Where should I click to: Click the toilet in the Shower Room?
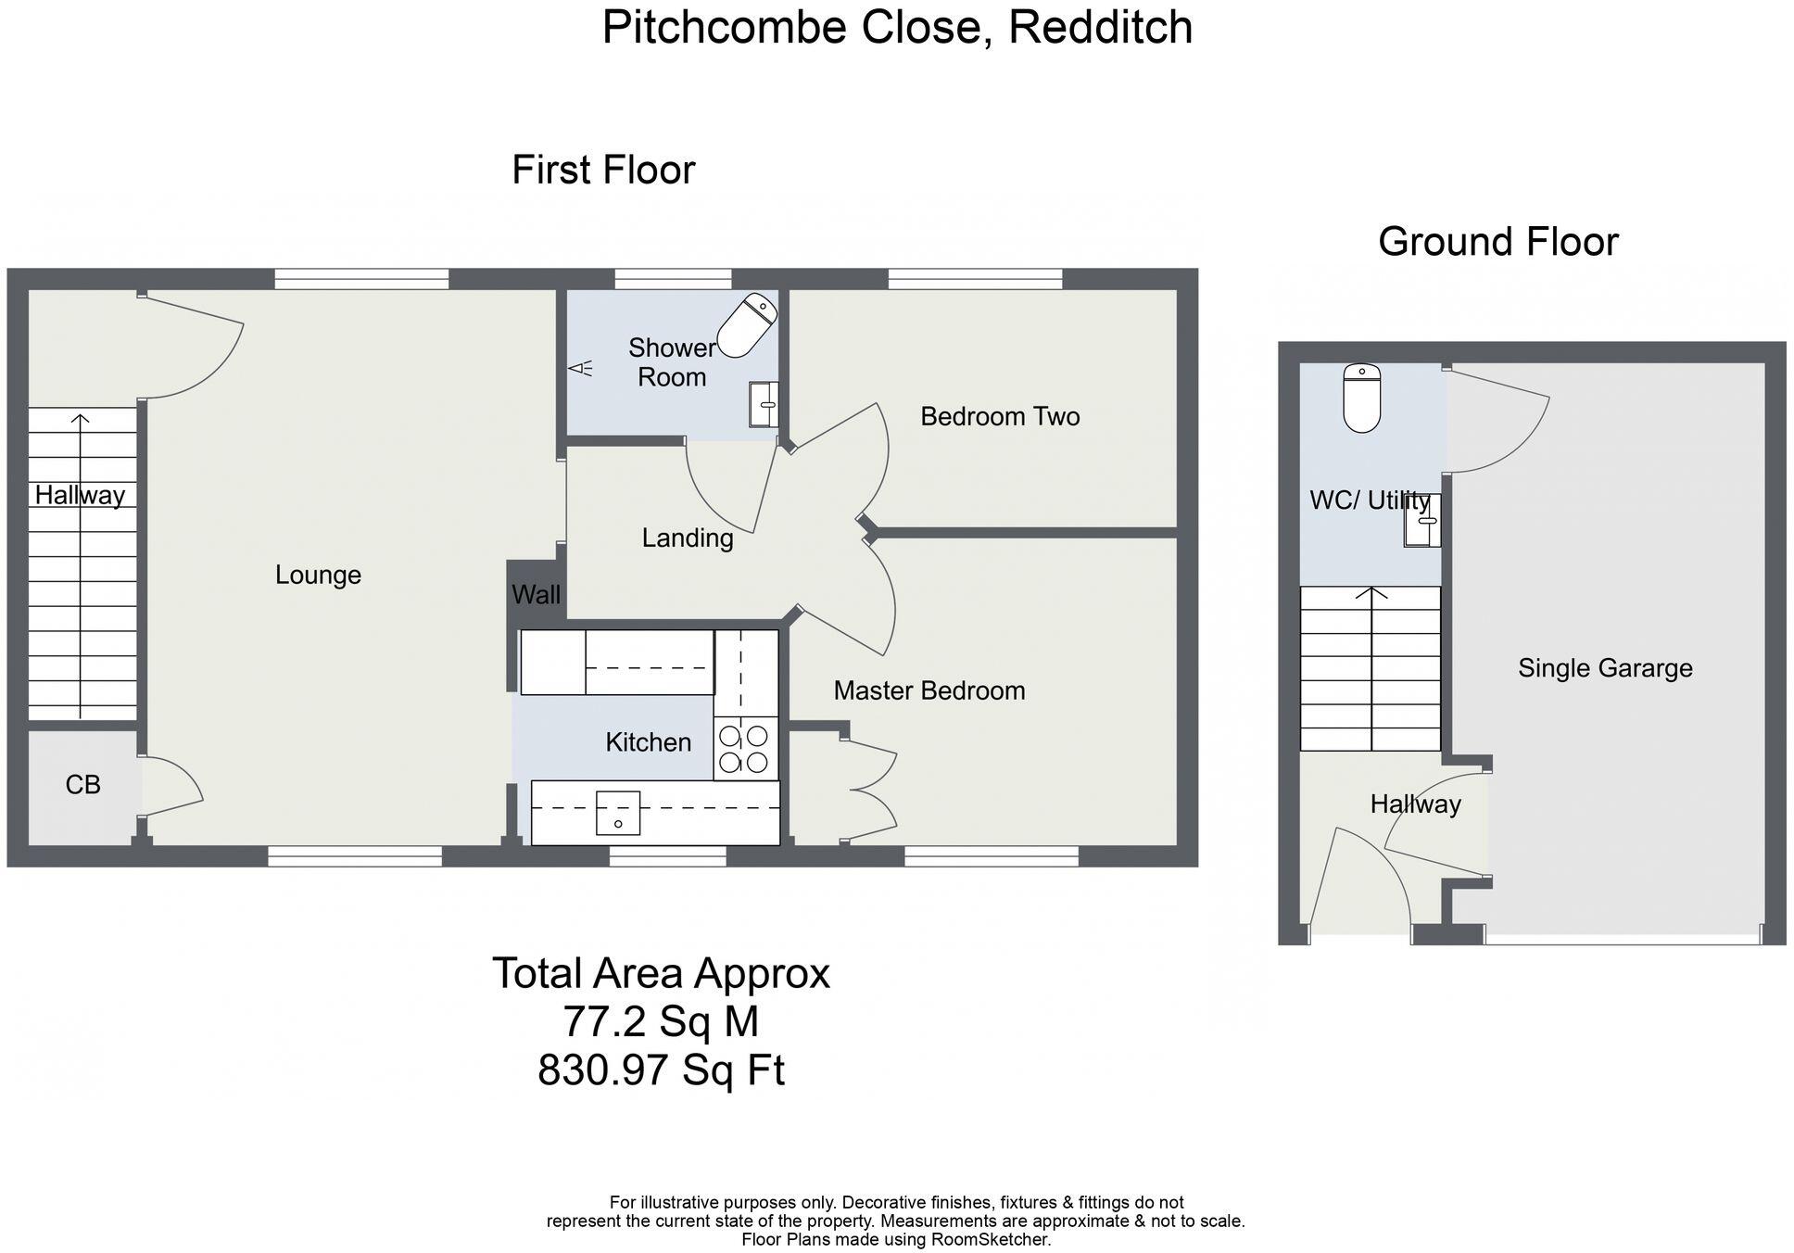747,325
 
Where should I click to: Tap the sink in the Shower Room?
764,404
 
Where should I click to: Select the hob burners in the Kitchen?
744,749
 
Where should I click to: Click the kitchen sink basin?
617,813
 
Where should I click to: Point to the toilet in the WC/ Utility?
1361,399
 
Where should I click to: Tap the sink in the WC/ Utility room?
1423,521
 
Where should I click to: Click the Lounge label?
318,576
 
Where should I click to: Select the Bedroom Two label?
1000,417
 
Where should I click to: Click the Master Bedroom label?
929,690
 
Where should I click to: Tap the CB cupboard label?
82,785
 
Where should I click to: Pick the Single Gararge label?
1604,668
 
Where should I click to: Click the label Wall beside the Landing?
536,595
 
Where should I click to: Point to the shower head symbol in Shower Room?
580,369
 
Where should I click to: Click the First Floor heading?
603,171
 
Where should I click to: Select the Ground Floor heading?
1497,242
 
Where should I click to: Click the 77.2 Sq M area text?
661,1022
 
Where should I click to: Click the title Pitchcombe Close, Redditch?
896,27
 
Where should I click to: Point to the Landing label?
688,538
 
